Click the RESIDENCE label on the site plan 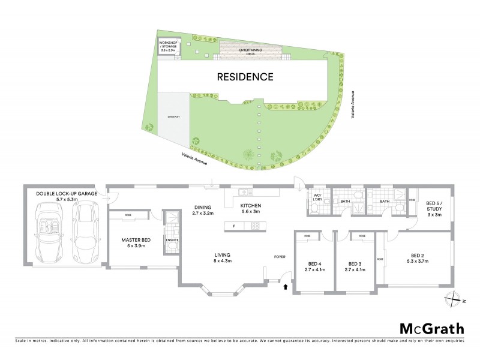245,77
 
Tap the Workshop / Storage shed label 167,46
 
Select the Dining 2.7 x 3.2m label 203,209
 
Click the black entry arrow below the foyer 286,287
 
